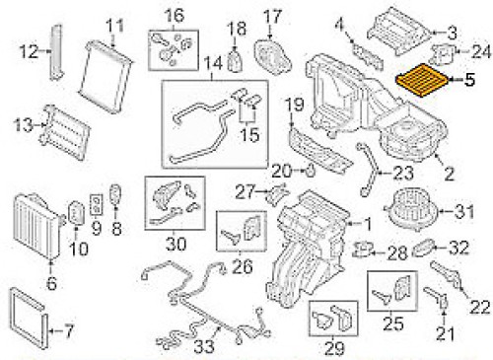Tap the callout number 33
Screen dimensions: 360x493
tap(201, 346)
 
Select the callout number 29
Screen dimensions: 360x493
tap(332, 346)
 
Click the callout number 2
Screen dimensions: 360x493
tap(450, 178)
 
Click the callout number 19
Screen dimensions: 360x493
tap(293, 106)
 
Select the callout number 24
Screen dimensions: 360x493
tap(480, 50)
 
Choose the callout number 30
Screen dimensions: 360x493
tap(176, 244)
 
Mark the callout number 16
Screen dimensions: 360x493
tap(175, 15)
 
